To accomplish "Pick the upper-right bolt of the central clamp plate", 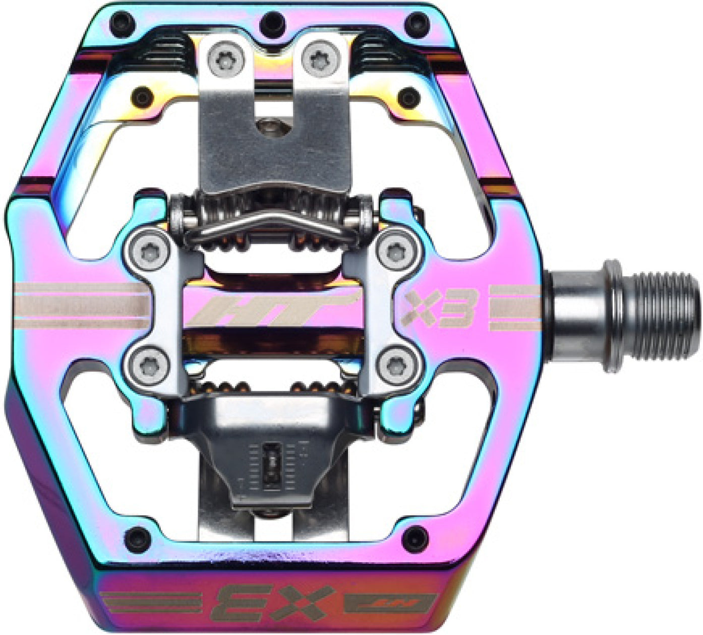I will [394, 248].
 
